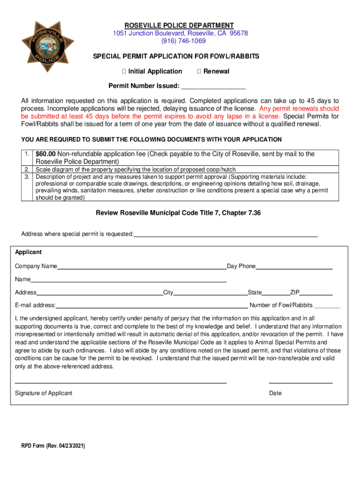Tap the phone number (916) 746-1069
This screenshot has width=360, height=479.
click(x=179, y=41)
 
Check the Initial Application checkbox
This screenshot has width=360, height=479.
click(x=124, y=72)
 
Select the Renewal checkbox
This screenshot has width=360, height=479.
click(x=199, y=72)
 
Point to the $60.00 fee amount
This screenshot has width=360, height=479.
click(x=46, y=154)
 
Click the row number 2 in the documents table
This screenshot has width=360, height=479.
click(x=27, y=169)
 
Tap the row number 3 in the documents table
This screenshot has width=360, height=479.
click(x=27, y=177)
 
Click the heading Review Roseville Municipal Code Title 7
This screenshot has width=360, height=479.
click(x=178, y=213)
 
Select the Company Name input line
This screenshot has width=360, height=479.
click(x=142, y=268)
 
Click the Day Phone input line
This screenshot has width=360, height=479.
click(x=294, y=268)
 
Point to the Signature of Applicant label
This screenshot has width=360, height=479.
click(x=43, y=393)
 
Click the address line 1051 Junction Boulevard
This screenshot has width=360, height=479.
click(x=180, y=33)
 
